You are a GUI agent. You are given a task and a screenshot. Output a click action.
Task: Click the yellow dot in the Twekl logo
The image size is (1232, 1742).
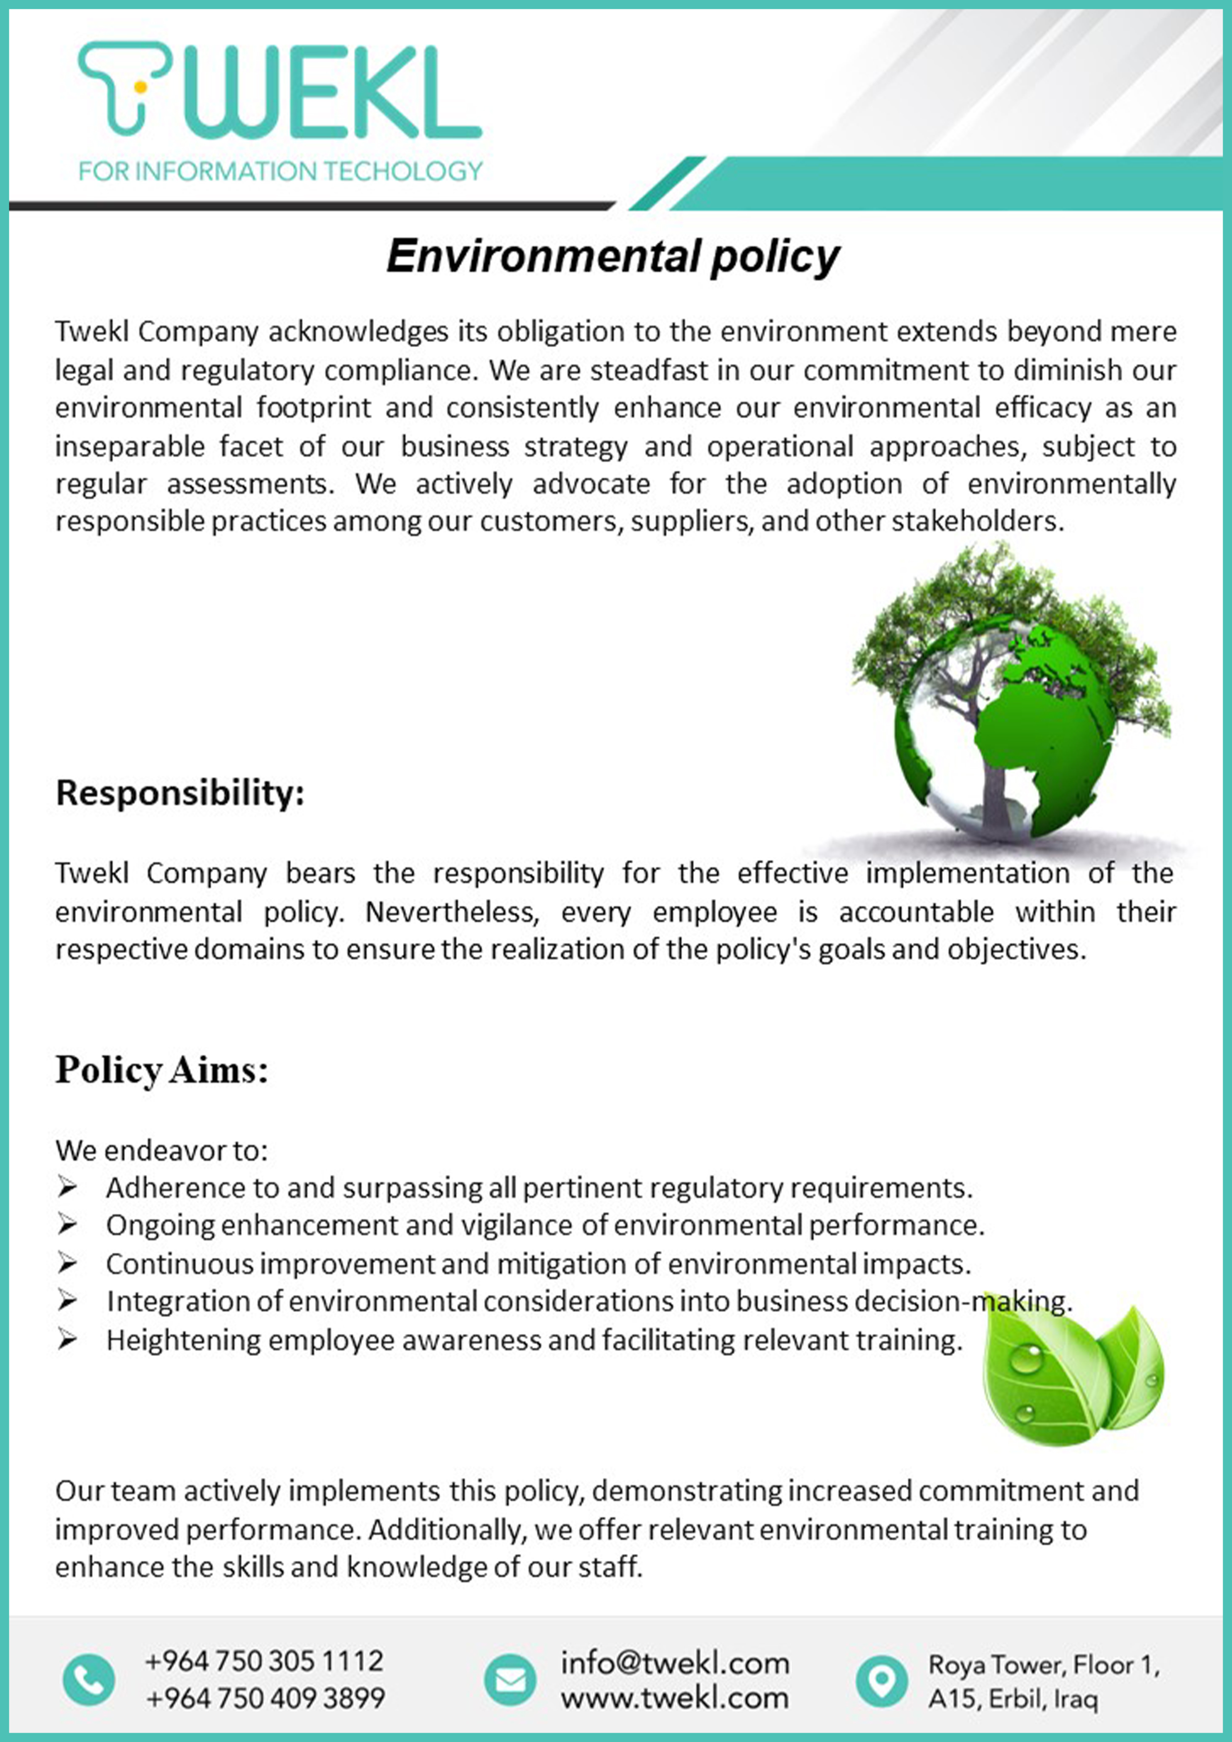(x=140, y=86)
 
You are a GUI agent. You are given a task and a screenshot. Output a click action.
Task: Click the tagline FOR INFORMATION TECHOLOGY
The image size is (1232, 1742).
(x=280, y=171)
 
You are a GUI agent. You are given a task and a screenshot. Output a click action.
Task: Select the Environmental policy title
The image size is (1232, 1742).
(x=613, y=256)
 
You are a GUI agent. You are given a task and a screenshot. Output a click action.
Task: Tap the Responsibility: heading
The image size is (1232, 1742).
(x=180, y=793)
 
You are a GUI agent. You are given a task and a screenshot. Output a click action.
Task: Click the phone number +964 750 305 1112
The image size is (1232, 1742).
(x=264, y=1662)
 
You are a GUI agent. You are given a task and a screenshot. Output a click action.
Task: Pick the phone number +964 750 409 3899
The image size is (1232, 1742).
(x=264, y=1698)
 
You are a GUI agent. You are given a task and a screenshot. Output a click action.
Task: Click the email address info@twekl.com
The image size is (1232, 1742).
(x=675, y=1663)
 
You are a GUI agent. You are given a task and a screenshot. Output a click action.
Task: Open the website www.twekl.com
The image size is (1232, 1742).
(x=675, y=1698)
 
